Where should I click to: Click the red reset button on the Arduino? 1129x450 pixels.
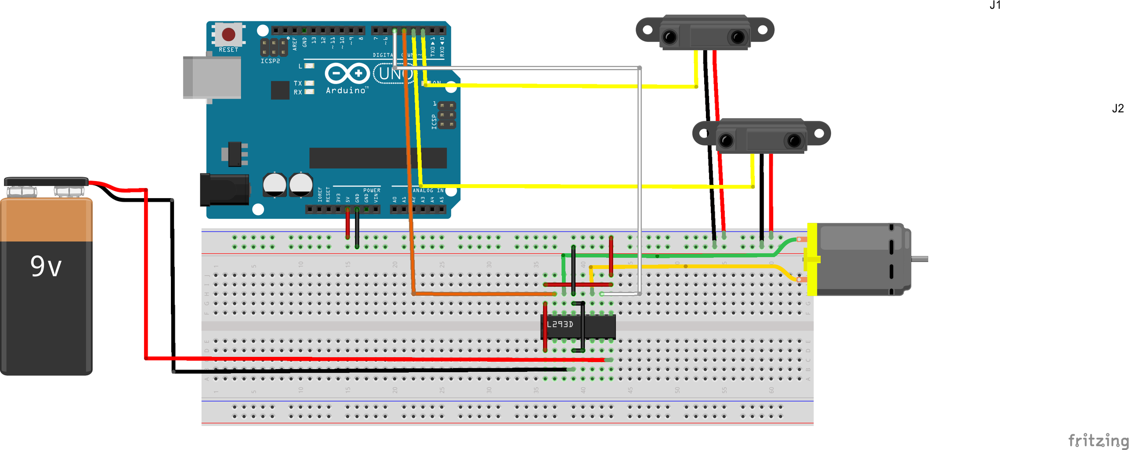228,34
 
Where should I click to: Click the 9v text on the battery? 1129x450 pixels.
46,266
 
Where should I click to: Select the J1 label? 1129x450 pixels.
995,5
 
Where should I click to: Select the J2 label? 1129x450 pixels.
1118,109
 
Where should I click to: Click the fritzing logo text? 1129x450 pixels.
1098,440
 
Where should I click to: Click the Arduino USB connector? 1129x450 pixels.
212,78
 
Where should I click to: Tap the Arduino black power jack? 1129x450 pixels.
224,190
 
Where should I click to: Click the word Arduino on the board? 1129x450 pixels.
346,91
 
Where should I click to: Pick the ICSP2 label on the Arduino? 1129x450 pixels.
270,61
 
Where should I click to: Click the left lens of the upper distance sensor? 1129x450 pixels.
669,37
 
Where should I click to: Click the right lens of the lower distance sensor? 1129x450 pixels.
794,141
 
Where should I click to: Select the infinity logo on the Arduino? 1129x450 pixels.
347,73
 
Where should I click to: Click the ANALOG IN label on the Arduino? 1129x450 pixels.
428,191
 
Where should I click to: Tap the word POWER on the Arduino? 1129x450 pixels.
372,190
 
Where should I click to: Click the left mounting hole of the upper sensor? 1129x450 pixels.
648,30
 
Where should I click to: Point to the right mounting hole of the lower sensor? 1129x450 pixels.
819,133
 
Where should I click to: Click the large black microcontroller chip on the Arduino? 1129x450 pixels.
378,158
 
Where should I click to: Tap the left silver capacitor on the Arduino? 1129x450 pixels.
275,185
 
